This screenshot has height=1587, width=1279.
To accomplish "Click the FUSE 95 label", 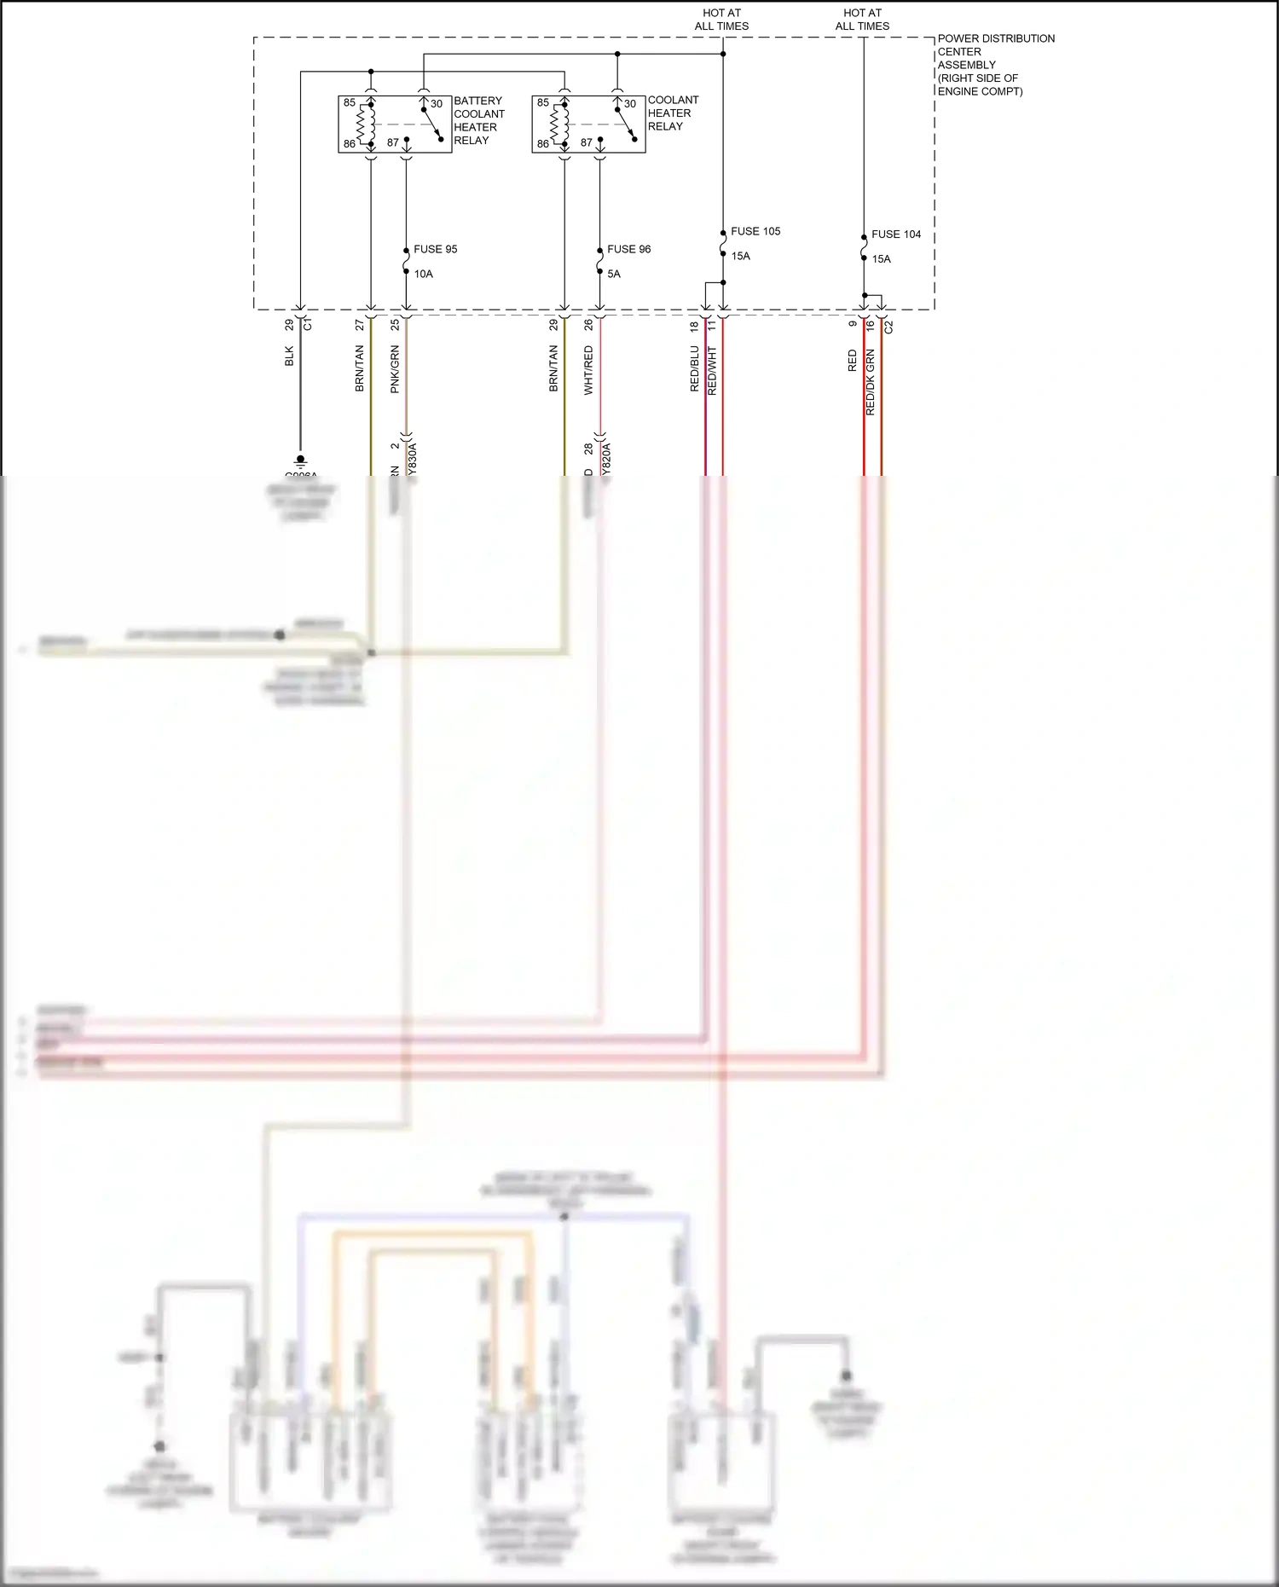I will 435,249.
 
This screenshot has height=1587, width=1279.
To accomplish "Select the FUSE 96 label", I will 628,249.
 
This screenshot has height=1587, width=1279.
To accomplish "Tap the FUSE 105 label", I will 755,231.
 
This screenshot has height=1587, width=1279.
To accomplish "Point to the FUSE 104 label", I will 896,234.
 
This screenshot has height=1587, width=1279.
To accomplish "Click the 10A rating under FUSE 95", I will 424,274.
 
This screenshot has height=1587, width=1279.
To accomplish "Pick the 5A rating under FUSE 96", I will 614,274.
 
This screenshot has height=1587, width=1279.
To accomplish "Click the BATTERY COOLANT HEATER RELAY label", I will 478,120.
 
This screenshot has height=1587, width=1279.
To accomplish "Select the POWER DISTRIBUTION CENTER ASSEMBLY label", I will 995,65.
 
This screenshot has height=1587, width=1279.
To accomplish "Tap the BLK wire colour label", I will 289,356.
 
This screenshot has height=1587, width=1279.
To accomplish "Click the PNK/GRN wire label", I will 395,368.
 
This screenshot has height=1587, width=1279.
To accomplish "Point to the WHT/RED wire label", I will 588,369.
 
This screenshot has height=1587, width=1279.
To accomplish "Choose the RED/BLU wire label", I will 694,368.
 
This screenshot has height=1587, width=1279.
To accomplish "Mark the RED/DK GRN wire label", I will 871,382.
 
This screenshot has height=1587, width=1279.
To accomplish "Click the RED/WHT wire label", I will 713,370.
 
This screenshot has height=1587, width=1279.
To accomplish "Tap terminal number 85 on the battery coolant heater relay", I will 350,102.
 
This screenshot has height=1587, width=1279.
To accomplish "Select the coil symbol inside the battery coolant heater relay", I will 367,124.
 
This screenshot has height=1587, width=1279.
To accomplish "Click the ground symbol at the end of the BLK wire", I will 300,461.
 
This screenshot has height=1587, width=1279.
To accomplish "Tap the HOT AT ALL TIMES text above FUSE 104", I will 862,20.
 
